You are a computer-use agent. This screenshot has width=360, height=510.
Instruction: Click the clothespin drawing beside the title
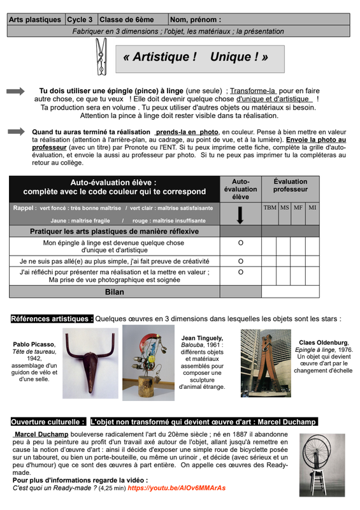pos(101,57)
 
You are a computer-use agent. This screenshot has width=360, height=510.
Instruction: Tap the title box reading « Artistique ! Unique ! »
pos(200,59)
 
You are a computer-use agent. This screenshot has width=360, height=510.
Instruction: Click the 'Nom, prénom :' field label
pos(196,20)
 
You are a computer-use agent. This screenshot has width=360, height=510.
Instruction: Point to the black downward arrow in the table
pos(240,215)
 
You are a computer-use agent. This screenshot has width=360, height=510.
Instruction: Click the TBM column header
pos(270,208)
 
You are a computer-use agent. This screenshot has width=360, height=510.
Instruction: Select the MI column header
pos(312,208)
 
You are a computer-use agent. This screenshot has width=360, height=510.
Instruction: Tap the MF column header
pos(298,208)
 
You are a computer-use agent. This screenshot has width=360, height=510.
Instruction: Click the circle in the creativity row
pos(241,261)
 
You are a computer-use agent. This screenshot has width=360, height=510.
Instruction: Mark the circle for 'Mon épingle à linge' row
pos(241,243)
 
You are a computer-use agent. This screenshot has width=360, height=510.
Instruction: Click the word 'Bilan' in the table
pos(115,292)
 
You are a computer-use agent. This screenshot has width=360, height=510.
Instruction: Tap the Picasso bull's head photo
pos(90,363)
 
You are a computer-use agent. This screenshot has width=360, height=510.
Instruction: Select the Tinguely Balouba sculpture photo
pos(148,363)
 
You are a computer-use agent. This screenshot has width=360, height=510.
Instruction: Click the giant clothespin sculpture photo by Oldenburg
pos(266,363)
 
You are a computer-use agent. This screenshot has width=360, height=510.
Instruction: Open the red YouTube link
pos(176,488)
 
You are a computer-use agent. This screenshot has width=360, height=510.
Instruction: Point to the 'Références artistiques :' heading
pos(52,319)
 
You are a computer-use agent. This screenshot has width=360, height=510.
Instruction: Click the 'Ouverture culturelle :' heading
pos(48,422)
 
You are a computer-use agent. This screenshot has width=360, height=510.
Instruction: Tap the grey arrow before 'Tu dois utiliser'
pos(15,91)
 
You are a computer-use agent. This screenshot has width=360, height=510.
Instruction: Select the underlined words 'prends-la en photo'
pos(187,132)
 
